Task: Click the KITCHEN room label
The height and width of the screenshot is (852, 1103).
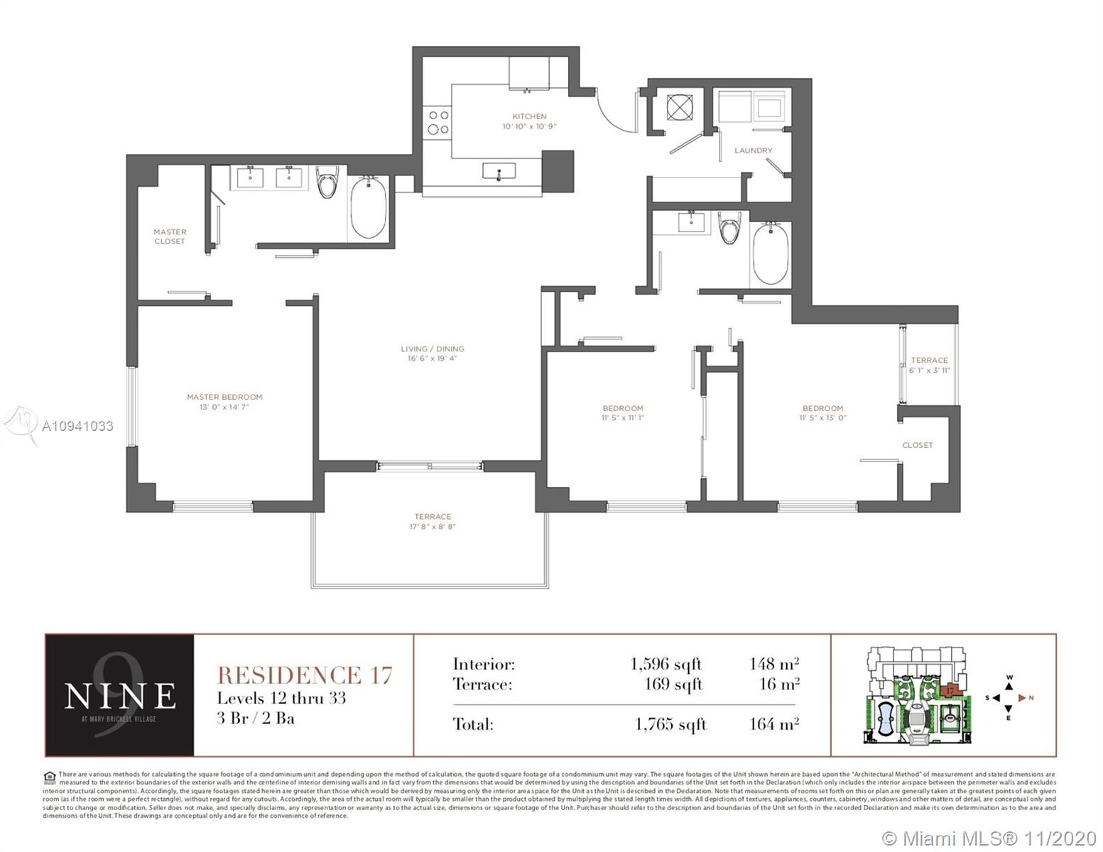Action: click(x=529, y=116)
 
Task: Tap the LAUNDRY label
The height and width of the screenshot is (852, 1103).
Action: click(x=753, y=151)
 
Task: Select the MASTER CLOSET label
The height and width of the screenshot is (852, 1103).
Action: click(x=170, y=236)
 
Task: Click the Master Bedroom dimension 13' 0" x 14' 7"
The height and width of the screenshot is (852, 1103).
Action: click(x=224, y=408)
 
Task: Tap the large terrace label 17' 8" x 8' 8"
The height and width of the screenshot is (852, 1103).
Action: click(x=433, y=527)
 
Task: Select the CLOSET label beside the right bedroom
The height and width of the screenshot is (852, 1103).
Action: click(x=917, y=445)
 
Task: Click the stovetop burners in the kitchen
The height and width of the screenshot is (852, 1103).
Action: click(x=438, y=122)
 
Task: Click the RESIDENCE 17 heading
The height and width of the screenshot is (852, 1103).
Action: click(x=304, y=674)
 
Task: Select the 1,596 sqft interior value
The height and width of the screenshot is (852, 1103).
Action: click(x=665, y=664)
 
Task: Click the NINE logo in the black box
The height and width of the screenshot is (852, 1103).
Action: click(x=119, y=695)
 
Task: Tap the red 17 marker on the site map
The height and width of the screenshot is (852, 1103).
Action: click(x=950, y=689)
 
